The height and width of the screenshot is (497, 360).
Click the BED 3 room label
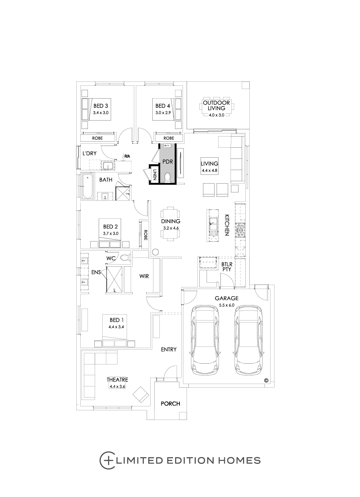tap(101, 106)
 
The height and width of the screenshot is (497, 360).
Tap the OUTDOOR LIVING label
tap(216, 105)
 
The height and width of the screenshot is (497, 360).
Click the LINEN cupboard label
tap(155, 174)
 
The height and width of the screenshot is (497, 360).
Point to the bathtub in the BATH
tap(87, 186)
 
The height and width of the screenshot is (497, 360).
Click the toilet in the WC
tap(125, 257)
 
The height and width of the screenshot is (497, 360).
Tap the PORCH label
tap(170, 404)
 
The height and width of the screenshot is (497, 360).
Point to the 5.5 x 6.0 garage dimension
tap(227, 305)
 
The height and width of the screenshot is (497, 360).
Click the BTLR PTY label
tap(227, 267)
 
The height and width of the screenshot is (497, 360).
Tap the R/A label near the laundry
tap(127, 156)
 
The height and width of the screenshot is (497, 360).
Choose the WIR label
tap(144, 276)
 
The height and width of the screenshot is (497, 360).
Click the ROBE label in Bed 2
tap(146, 235)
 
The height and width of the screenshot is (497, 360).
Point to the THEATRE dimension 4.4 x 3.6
tap(117, 386)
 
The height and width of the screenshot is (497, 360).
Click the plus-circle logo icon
tap(106, 460)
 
